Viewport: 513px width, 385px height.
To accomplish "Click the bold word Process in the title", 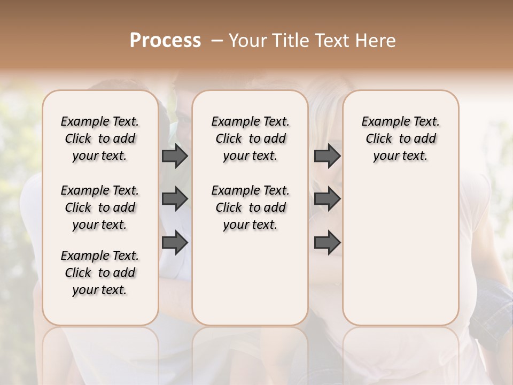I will click(x=165, y=41).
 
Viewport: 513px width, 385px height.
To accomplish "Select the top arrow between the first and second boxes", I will click(x=175, y=156).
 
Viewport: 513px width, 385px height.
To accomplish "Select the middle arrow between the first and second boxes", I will click(x=175, y=199).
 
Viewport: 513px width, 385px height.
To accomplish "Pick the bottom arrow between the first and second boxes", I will click(x=175, y=242).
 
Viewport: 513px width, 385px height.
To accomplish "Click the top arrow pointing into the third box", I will click(x=327, y=156).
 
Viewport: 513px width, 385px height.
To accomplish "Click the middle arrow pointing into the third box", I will click(x=327, y=199).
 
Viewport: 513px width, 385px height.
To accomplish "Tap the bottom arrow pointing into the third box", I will click(x=327, y=242).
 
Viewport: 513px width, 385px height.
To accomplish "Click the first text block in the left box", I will click(x=100, y=138).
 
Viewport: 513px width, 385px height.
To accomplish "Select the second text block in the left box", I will click(x=100, y=207).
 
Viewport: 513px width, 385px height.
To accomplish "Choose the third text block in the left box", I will click(x=100, y=273).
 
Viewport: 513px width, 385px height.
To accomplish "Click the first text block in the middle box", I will click(x=250, y=138).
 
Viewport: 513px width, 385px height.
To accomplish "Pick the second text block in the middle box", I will click(x=250, y=207).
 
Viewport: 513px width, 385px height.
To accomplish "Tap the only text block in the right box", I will click(x=400, y=138).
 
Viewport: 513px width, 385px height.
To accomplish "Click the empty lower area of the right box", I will click(x=400, y=251).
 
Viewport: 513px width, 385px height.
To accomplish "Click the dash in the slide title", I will click(x=216, y=41).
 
